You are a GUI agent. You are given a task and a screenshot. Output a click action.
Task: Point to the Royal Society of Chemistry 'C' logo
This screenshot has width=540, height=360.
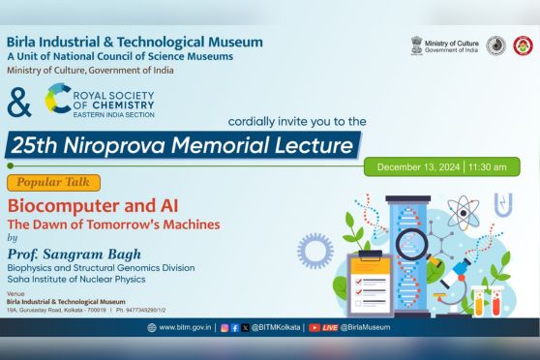click(56, 99)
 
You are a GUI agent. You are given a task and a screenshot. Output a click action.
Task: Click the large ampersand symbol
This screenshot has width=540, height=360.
click(18, 102)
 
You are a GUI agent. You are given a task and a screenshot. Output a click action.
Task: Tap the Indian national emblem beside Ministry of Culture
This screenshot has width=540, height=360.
click(415, 46)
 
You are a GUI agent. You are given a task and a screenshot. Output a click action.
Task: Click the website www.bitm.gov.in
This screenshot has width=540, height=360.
click(182, 327)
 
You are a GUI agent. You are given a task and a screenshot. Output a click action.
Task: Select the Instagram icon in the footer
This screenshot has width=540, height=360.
click(225, 327)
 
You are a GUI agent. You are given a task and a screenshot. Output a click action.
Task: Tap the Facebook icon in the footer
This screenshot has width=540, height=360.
click(235, 327)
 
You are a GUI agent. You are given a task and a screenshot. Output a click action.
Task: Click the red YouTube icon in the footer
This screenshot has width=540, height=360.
click(315, 327)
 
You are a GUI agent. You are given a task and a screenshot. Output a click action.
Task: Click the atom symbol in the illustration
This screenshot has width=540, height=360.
click(464, 214)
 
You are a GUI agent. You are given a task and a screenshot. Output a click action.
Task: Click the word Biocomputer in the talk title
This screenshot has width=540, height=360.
click(53, 206)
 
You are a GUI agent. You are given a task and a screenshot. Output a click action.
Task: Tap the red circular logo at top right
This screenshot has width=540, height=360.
click(523, 46)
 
